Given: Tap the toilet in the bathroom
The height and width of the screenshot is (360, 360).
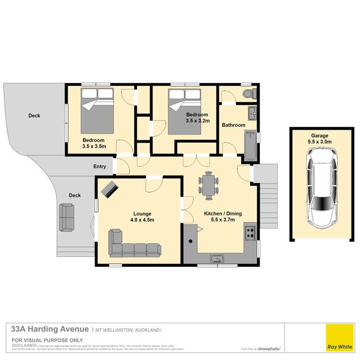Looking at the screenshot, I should (249, 94).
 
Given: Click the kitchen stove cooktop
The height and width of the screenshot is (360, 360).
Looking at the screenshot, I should (250, 233).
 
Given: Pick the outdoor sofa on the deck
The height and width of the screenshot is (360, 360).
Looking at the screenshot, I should (66, 217).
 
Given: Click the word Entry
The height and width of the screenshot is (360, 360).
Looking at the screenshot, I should (100, 167).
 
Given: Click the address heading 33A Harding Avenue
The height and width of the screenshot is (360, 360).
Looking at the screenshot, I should (50, 329).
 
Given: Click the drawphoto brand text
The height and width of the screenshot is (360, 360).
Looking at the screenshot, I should (269, 349).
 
